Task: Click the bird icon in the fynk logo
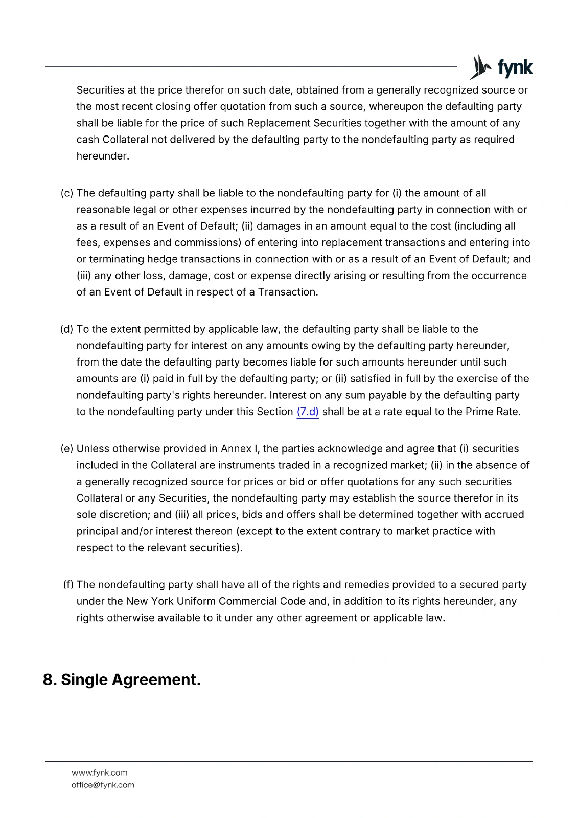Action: point(479,67)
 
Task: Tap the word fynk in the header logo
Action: point(515,68)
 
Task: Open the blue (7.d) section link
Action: point(308,412)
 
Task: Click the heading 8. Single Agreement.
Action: point(122,680)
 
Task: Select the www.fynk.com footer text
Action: point(100,773)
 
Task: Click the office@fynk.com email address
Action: point(103,785)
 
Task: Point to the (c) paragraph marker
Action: point(67,193)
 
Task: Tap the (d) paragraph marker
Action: point(67,329)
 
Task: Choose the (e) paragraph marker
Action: point(67,449)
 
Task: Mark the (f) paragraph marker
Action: point(68,585)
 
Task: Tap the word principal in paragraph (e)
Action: point(97,531)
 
